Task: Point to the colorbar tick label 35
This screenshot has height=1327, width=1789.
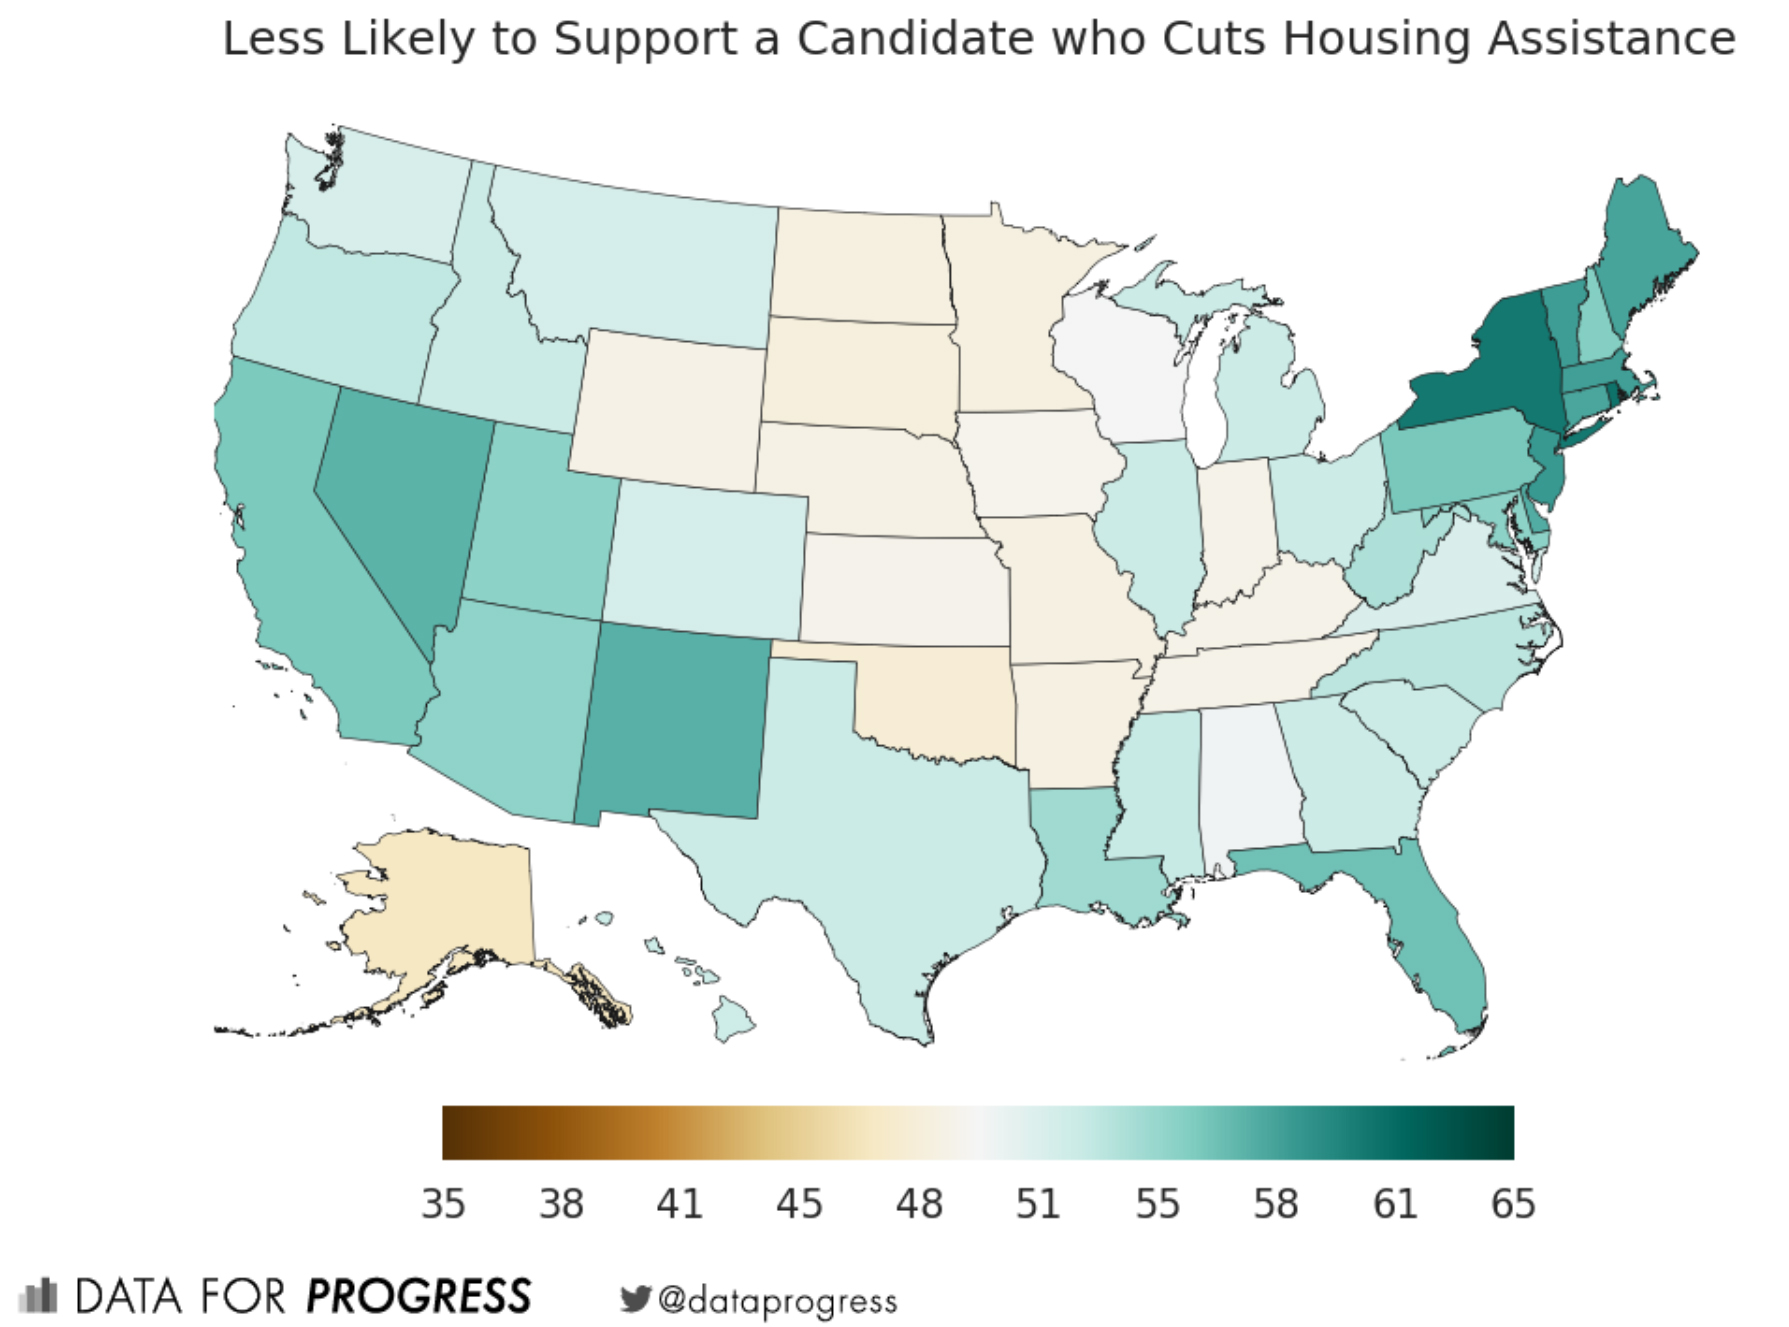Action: point(443,1204)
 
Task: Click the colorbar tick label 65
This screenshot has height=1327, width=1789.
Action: point(1512,1204)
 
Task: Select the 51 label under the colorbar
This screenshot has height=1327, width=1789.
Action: point(1037,1204)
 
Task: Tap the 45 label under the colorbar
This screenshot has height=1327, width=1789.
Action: point(799,1204)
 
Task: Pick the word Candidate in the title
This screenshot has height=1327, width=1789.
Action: point(915,40)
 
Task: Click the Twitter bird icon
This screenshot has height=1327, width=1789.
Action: point(635,1299)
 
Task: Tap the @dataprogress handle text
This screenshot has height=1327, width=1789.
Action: point(778,1301)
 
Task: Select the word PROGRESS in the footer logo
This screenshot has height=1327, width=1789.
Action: point(419,1297)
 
